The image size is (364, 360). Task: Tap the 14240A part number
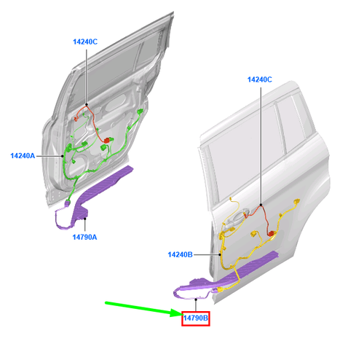point(24,155)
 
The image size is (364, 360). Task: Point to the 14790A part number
point(87,237)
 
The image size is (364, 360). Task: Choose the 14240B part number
point(180,254)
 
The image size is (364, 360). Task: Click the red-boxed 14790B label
point(195,318)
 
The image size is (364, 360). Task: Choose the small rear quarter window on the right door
point(290,117)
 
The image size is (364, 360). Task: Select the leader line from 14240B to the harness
point(207,254)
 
